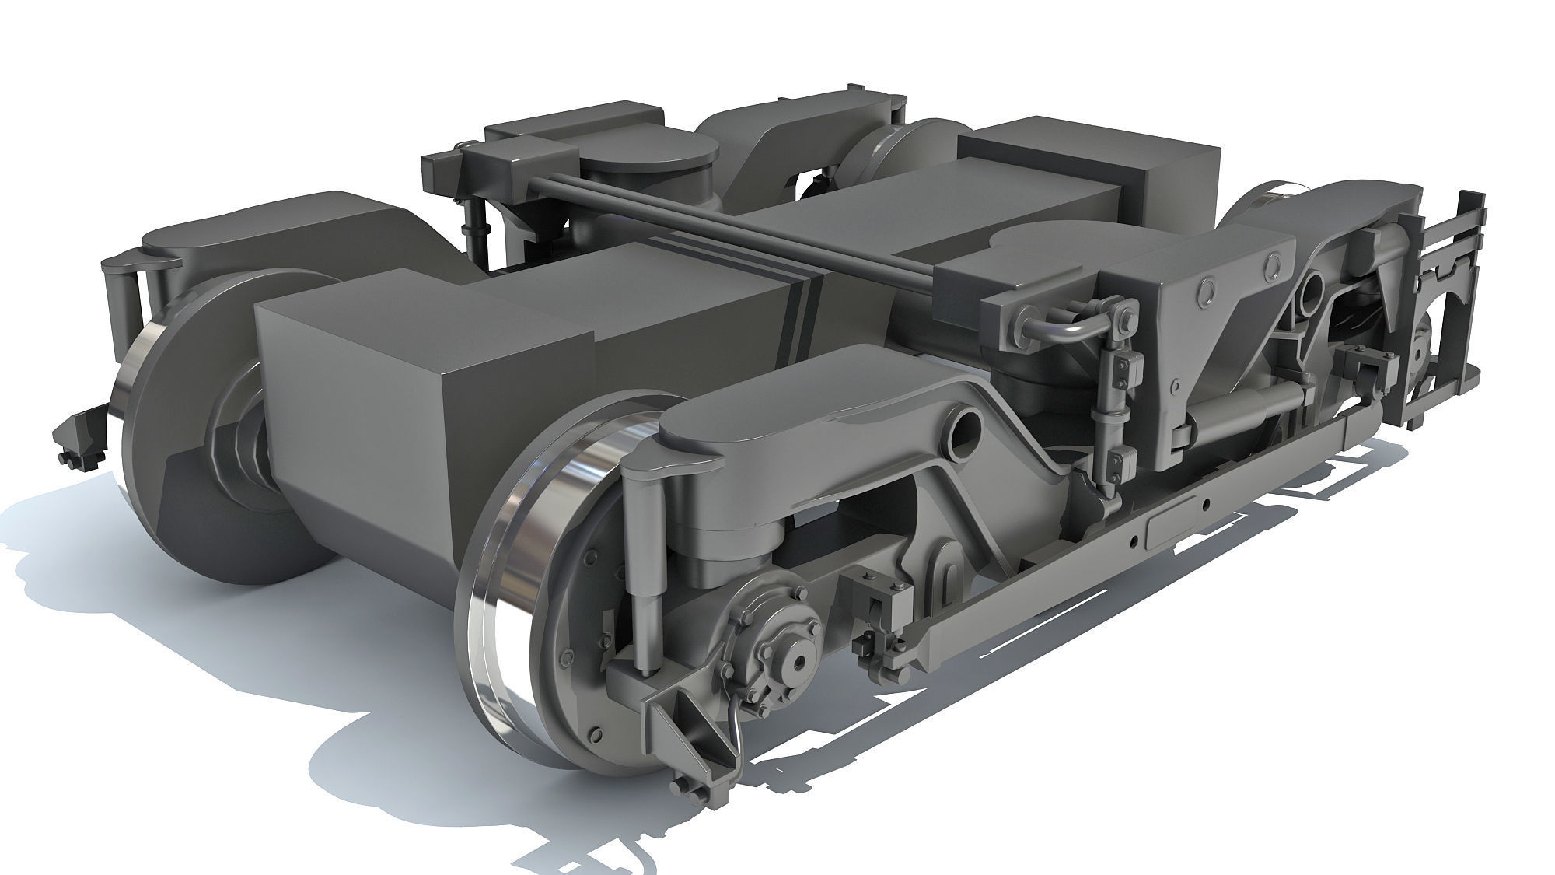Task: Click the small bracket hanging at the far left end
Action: (x=78, y=439)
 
